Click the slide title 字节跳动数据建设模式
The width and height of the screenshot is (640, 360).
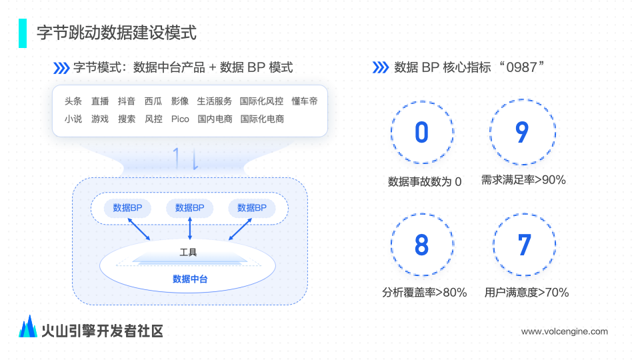117,33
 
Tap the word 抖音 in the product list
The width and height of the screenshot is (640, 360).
127,101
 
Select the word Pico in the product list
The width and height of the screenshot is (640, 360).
180,119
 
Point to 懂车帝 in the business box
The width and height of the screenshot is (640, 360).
305,101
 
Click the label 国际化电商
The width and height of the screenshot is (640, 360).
262,119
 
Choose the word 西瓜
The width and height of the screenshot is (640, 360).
153,101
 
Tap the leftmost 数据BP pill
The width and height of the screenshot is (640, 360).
127,208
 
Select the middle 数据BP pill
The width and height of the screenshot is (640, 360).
190,208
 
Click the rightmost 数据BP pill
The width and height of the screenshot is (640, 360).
252,208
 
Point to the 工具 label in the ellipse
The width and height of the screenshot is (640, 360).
188,252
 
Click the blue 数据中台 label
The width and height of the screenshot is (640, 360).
190,279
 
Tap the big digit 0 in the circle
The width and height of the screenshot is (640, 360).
421,132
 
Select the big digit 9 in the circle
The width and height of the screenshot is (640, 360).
522,132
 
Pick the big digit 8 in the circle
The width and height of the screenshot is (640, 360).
421,245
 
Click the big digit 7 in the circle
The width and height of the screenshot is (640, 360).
525,245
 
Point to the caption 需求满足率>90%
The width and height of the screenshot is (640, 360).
523,180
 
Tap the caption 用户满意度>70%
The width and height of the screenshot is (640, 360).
527,292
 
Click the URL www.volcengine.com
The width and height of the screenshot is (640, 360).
565,331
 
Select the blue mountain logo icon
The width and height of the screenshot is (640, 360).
28,327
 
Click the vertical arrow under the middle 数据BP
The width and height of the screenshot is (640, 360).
190,229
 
